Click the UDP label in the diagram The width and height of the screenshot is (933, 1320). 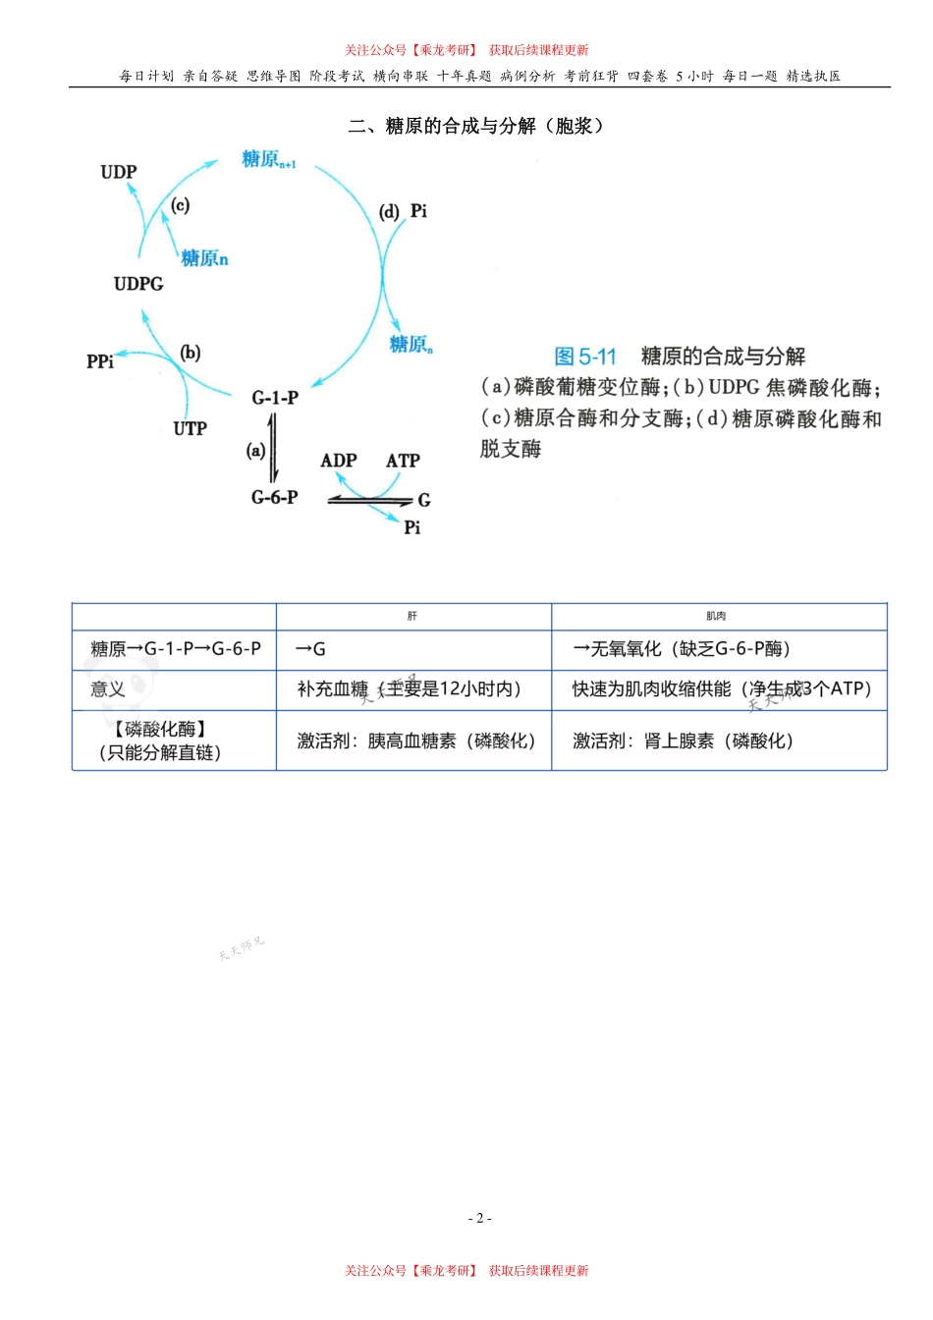click(x=119, y=172)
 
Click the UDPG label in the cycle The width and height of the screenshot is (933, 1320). click(x=138, y=284)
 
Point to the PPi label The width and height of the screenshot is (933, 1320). click(x=100, y=361)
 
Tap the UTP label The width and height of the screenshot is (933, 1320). click(x=190, y=428)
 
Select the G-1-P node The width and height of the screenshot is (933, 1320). click(x=274, y=398)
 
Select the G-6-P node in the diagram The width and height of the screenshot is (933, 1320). click(x=274, y=498)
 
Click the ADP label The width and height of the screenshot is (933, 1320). click(x=339, y=461)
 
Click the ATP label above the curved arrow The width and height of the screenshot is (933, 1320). click(x=403, y=461)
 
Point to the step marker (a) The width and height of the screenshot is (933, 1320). click(x=255, y=451)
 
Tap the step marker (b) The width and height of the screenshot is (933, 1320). click(x=191, y=353)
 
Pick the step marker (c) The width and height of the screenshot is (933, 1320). click(x=180, y=205)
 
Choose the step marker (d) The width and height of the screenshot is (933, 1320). click(x=390, y=211)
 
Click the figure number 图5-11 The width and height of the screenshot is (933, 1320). click(x=585, y=357)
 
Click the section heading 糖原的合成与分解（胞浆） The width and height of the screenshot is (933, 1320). click(x=476, y=126)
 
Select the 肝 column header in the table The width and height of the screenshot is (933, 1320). click(x=412, y=616)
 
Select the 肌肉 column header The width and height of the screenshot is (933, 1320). click(x=716, y=616)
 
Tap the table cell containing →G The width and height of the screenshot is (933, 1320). click(x=311, y=649)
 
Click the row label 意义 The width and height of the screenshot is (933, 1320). click(x=108, y=689)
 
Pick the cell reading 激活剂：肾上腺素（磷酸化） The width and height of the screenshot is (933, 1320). click(x=683, y=742)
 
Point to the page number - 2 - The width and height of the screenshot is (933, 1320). click(x=479, y=1218)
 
